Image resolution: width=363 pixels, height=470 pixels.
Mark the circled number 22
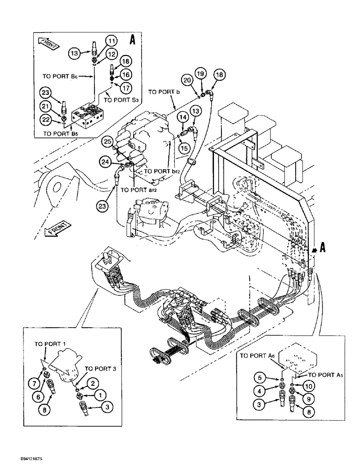click(x=47, y=121)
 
